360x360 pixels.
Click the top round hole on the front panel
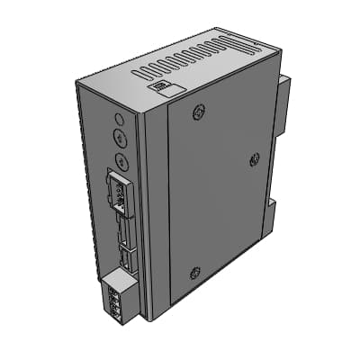pyautogui.click(x=120, y=118)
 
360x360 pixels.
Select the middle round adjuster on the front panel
pyautogui.click(x=121, y=139)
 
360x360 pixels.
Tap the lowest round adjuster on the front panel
pyautogui.click(x=122, y=162)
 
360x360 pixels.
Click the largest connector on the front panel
pyautogui.click(x=118, y=190)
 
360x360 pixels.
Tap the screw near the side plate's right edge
pyautogui.click(x=255, y=160)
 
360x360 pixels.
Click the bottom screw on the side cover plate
pyautogui.click(x=194, y=273)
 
